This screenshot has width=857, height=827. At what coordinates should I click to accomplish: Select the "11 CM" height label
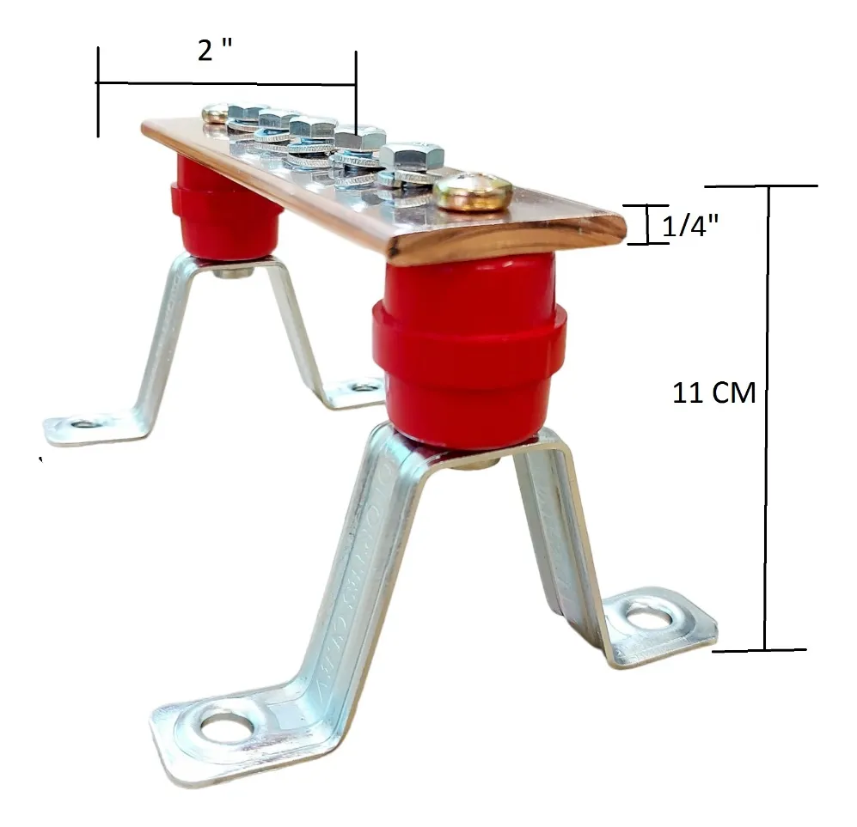(713, 393)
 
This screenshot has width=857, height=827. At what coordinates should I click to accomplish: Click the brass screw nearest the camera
(473, 191)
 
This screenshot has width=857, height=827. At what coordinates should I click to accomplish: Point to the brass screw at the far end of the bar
(215, 112)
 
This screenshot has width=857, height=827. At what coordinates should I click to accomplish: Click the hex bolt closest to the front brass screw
(411, 158)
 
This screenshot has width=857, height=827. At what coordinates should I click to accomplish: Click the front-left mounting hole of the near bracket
(227, 727)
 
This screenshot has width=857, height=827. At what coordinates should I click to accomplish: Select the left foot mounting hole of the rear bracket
(84, 423)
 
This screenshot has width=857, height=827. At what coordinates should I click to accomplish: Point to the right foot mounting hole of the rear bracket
(364, 387)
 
